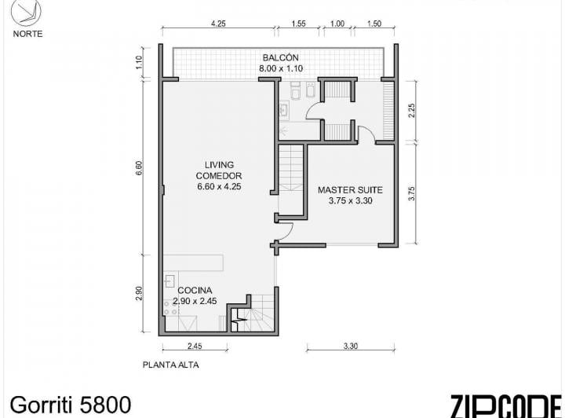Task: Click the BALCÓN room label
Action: click(281, 57)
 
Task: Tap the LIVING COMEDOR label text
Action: click(219, 170)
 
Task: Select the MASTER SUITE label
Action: click(350, 190)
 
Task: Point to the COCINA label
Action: click(195, 291)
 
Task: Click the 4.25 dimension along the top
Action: click(218, 24)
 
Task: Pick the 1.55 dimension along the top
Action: click(299, 24)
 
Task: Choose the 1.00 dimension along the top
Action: click(337, 24)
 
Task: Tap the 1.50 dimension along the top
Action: click(374, 24)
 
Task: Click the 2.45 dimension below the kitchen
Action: click(195, 346)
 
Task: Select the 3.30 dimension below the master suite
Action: click(350, 346)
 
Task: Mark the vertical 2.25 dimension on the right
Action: click(412, 111)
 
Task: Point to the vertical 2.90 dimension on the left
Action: click(140, 294)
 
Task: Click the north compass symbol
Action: click(26, 13)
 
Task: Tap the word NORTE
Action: click(27, 34)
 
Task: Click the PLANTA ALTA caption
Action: click(171, 365)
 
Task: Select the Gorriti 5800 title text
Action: click(71, 405)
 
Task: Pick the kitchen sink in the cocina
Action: click(169, 281)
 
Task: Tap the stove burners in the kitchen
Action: click(170, 308)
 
